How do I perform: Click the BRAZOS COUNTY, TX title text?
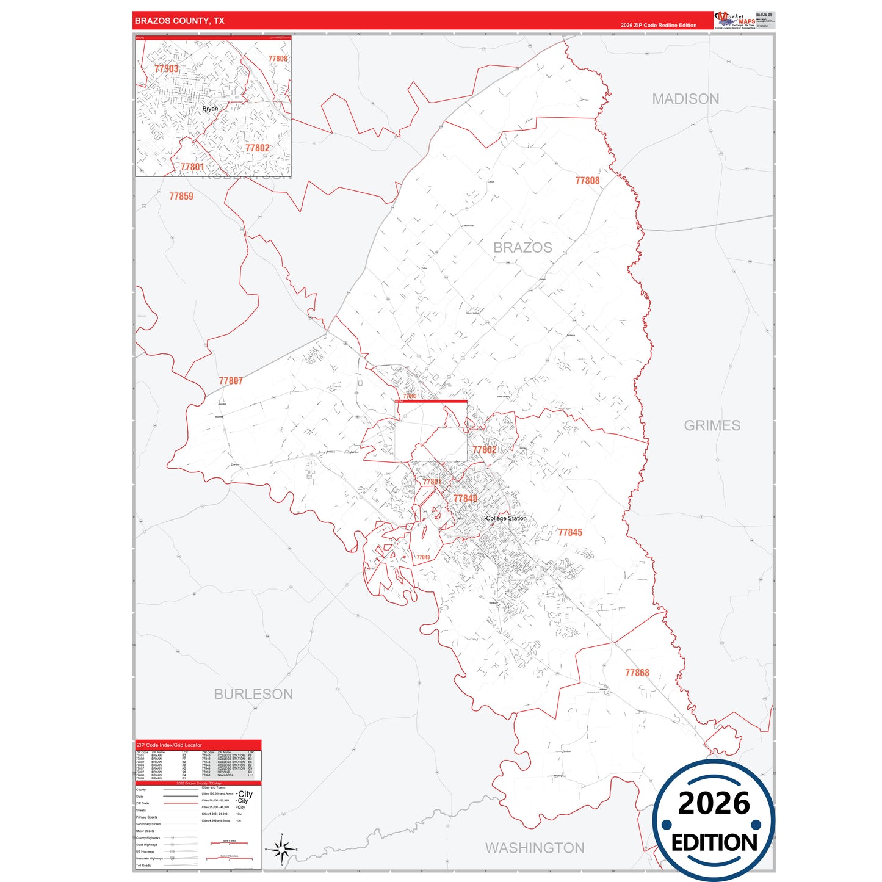point(179,21)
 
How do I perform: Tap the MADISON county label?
point(685,99)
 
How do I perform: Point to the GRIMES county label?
point(712,425)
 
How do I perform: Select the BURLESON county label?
point(253,694)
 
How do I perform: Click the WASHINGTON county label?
point(535,848)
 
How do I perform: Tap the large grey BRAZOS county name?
point(522,247)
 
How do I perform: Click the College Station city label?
point(506,518)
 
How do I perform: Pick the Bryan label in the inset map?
point(210,109)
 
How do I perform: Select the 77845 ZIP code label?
point(570,532)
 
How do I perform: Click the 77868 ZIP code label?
point(637,673)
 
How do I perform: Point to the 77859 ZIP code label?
point(181,196)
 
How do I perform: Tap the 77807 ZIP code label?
point(231,381)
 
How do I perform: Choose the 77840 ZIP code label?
point(465,499)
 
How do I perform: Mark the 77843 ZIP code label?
point(423,557)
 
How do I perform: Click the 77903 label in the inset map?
point(167,68)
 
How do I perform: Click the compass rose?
point(281,849)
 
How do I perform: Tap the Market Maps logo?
point(735,20)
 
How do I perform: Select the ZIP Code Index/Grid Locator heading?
point(169,745)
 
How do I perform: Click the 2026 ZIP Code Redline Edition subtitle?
point(658,25)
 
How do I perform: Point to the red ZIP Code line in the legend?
point(180,803)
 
